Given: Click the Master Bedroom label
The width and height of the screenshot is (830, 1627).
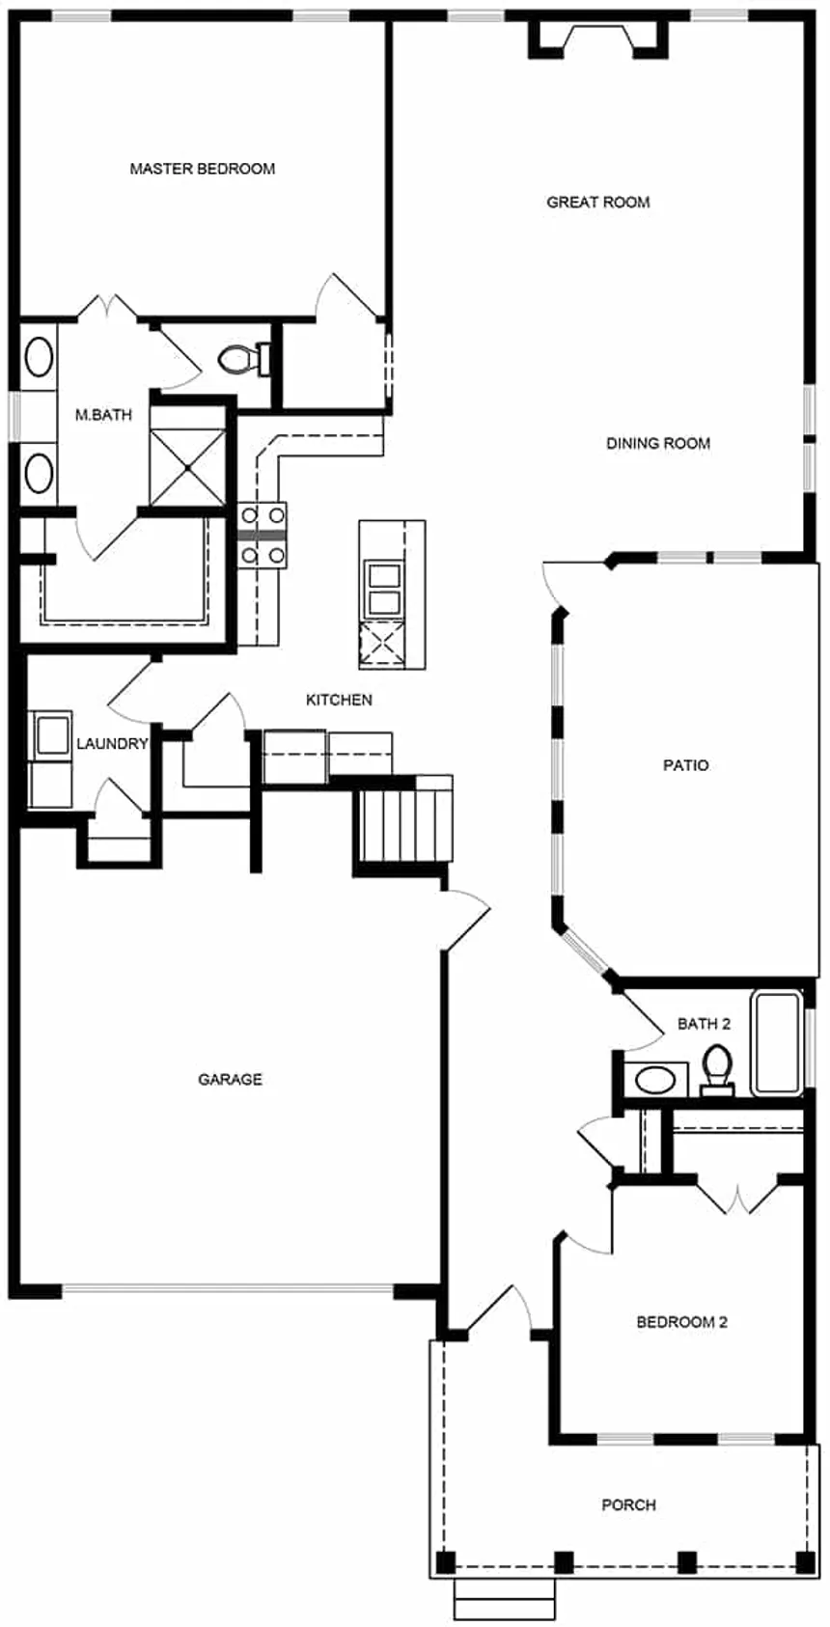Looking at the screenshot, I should (202, 169).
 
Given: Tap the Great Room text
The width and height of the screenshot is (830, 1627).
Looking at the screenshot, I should (597, 202).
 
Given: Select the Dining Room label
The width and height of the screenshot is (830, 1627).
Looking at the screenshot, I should (657, 443).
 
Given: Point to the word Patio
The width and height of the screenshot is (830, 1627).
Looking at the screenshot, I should (685, 765).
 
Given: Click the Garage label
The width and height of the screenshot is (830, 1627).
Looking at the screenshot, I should (230, 1079).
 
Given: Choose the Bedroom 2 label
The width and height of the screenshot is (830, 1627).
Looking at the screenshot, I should (681, 1322).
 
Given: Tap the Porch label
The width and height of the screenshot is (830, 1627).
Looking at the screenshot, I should (628, 1504).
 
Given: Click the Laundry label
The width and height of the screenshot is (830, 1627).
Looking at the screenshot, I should (112, 743).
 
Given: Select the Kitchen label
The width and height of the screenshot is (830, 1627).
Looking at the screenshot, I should (339, 700).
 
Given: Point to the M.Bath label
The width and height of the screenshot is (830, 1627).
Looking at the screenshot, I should (103, 415).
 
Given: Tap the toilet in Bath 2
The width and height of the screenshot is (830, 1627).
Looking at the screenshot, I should (716, 1069).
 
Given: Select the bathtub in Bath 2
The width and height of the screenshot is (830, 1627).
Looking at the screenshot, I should (778, 1042).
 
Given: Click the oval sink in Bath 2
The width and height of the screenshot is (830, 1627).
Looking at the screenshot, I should (656, 1078).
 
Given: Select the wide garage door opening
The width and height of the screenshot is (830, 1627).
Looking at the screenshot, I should (228, 1289).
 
